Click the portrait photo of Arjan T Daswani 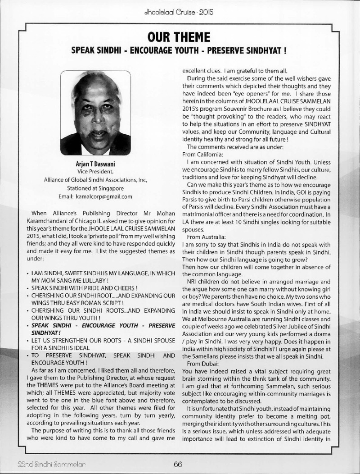tap(102, 109)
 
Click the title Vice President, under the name tap(102, 172)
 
